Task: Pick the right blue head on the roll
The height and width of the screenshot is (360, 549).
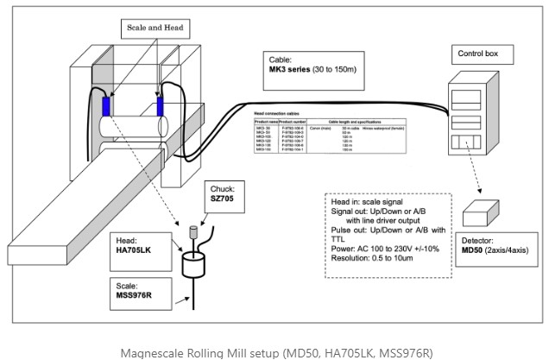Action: pyautogui.click(x=161, y=106)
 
